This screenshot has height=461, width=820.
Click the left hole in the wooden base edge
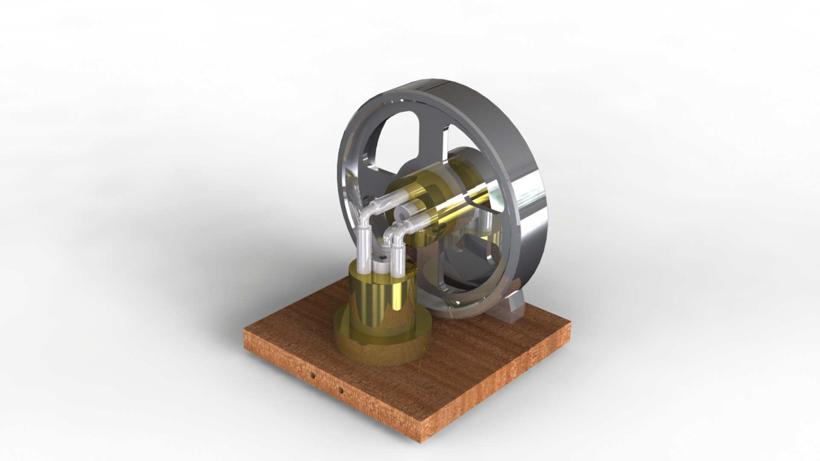[313, 375]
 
